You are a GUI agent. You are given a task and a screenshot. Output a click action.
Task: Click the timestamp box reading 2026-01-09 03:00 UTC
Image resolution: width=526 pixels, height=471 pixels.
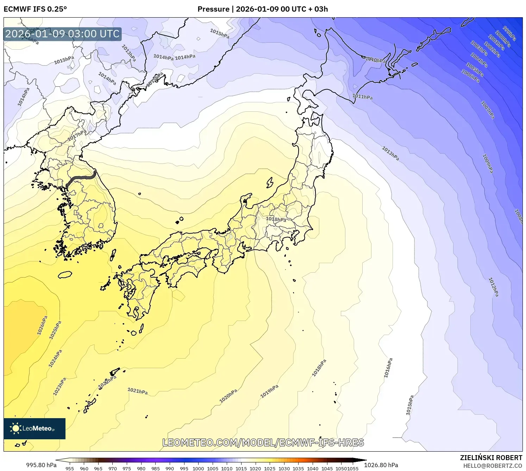tap(62, 34)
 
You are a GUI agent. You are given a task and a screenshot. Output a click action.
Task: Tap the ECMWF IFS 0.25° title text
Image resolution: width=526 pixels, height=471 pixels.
tap(35, 9)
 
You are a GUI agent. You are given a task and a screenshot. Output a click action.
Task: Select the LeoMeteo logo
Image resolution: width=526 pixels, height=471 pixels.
tap(35, 428)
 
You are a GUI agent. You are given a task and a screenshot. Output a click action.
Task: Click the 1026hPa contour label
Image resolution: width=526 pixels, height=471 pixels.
tap(42, 325)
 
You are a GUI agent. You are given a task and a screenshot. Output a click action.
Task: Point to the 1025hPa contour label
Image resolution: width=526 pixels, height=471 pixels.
tap(55, 330)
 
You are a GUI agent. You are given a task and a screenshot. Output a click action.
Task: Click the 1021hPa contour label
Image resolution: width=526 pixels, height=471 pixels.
tap(137, 391)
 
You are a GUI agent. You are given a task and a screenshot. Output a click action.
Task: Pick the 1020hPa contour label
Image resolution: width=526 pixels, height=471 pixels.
tap(228, 396)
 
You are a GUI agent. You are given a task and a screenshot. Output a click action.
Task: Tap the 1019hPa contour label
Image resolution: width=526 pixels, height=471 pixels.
tap(269, 391)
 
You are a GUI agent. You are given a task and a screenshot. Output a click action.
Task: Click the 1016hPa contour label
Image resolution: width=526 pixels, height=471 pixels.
tap(388, 368)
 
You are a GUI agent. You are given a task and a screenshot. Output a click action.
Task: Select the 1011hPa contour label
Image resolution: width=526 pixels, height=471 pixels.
tap(362, 97)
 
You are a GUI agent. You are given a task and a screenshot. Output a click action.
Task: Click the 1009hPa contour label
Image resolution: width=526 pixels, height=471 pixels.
tap(487, 163)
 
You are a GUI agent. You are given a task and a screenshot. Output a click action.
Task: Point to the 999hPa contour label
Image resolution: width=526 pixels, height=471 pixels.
tap(509, 33)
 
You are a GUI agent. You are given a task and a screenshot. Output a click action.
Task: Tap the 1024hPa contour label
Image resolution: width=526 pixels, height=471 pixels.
tap(55, 358)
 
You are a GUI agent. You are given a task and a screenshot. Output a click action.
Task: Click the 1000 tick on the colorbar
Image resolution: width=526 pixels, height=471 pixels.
tap(198, 469)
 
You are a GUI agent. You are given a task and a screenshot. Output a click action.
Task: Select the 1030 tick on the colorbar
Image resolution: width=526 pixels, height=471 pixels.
tap(284, 469)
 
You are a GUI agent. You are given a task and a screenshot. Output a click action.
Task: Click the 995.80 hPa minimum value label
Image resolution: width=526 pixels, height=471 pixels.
tap(41, 465)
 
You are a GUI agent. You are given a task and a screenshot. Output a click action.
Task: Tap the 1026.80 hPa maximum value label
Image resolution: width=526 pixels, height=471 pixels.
tap(381, 465)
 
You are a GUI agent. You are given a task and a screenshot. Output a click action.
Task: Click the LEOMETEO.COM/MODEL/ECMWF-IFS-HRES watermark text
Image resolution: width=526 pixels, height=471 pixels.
tap(263, 442)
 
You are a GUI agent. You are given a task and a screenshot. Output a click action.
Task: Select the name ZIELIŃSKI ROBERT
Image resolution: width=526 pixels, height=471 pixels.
tap(491, 458)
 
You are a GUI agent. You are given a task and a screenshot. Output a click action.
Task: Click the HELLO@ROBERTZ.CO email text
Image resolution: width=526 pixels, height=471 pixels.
tap(493, 466)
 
